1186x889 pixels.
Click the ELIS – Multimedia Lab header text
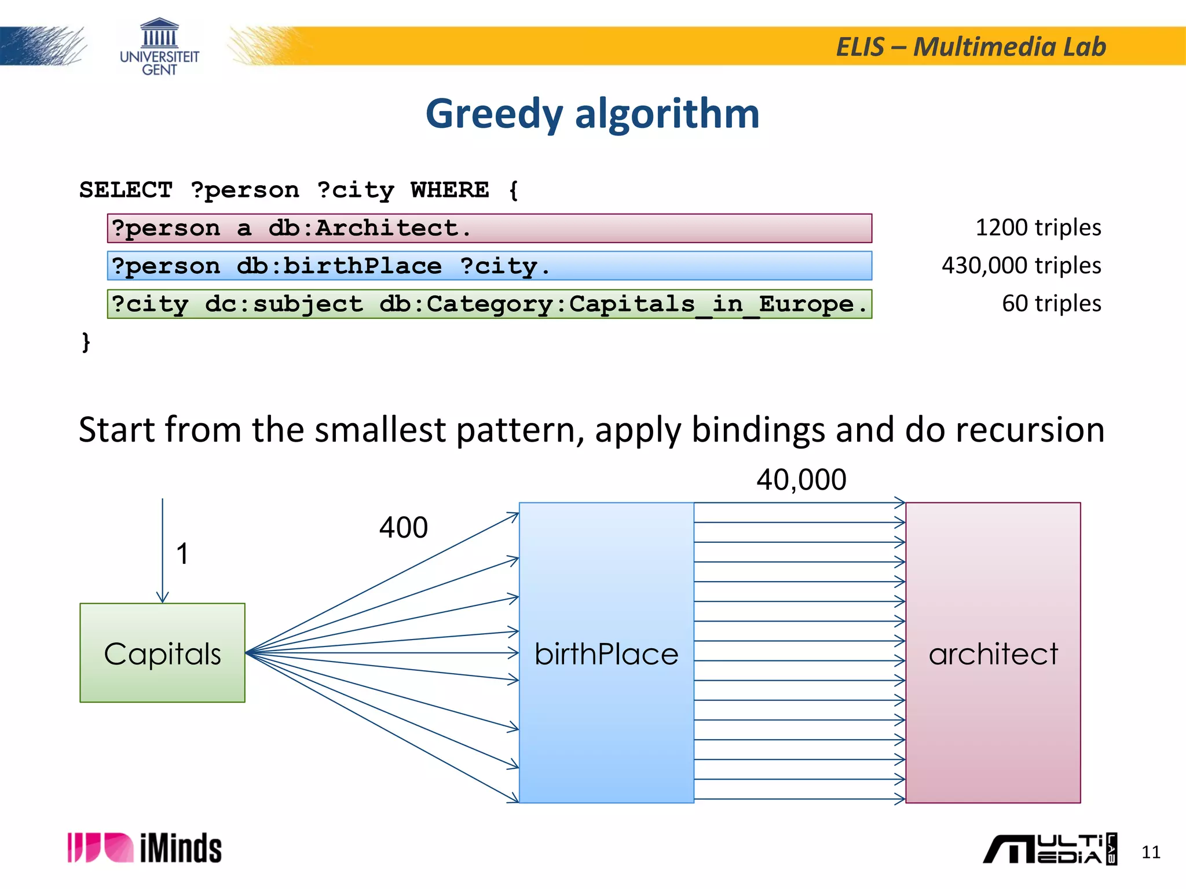pos(971,47)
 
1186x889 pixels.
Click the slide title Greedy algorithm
pos(592,113)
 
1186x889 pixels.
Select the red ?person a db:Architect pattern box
pos(489,228)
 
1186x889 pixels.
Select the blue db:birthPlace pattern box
pos(489,266)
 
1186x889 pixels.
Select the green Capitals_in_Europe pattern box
pos(489,304)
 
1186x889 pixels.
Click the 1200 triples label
pos(1038,227)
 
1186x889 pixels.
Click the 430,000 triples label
pos(1021,266)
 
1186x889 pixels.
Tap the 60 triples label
pos(1051,303)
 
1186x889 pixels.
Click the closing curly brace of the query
pos(86,341)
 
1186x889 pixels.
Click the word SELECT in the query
pos(126,190)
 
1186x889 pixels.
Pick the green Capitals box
pos(162,653)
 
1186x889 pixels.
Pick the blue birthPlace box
pos(606,653)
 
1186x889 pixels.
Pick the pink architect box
pos(993,653)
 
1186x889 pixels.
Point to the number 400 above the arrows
pos(403,528)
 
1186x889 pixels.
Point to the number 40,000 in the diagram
pos(801,480)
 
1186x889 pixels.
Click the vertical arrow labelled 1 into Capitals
pos(163,550)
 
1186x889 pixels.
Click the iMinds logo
pos(144,848)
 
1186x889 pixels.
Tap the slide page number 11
pos(1150,852)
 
